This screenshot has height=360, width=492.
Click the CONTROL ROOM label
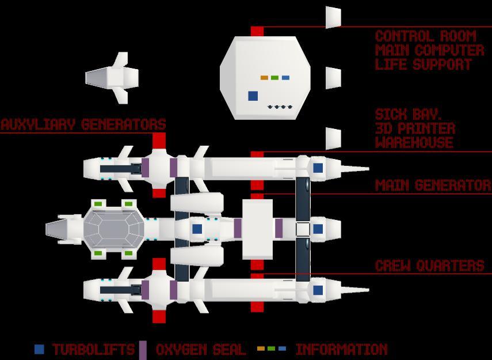(426, 36)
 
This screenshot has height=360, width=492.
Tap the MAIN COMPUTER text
(429, 50)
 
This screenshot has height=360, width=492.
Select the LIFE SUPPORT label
(423, 65)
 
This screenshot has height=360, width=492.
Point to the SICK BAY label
(401, 113)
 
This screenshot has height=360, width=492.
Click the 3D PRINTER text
(415, 128)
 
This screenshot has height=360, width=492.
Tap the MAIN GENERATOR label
(433, 185)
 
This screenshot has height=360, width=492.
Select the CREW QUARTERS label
(429, 266)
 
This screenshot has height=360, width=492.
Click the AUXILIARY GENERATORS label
(83, 124)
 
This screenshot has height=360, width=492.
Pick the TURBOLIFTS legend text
(93, 350)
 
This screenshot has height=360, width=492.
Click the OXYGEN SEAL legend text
(201, 350)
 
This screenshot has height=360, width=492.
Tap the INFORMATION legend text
(341, 350)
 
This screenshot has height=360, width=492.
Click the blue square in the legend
(39, 349)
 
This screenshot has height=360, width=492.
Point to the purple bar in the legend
(143, 350)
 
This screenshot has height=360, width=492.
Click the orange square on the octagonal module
(264, 78)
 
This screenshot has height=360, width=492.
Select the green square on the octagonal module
(274, 78)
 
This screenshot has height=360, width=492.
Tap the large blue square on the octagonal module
(253, 96)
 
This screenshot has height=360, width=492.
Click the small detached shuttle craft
(113, 78)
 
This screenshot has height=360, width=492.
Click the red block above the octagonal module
(257, 31)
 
